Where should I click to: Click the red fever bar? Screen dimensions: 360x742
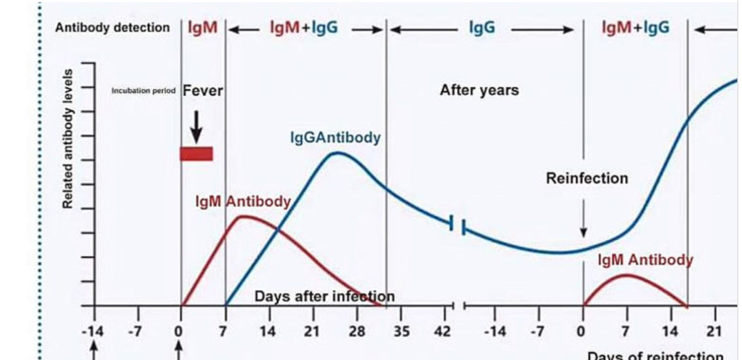click(196, 154)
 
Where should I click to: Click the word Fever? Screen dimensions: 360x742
click(203, 90)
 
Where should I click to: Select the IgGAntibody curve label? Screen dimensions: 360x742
click(335, 137)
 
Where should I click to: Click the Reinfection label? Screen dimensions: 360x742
click(587, 178)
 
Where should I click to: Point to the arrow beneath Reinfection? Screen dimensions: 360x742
click(583, 218)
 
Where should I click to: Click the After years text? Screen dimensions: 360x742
click(479, 90)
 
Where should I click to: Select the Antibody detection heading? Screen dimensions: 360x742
click(112, 27)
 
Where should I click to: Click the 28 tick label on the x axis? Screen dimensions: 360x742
click(357, 331)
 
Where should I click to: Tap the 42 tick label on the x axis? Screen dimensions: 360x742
click(443, 331)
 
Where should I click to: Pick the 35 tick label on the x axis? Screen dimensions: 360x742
click(401, 331)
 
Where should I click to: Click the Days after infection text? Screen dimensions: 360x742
click(324, 296)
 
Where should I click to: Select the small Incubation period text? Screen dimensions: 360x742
click(143, 91)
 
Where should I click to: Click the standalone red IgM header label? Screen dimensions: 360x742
click(203, 28)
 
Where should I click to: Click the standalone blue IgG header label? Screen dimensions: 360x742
click(482, 28)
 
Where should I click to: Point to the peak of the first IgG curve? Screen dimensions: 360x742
click(338, 153)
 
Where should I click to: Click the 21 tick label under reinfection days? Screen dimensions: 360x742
click(714, 331)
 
